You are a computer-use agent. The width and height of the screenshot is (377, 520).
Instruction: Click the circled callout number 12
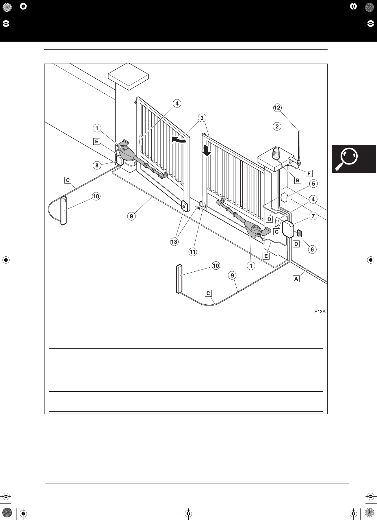point(277,108)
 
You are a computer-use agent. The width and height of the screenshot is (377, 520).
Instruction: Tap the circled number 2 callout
point(277,126)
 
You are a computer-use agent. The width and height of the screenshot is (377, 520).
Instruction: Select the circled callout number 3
point(202,118)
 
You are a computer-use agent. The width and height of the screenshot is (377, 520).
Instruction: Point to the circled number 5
point(313,183)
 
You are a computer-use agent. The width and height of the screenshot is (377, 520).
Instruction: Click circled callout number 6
point(312,249)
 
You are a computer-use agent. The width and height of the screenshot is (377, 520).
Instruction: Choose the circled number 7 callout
point(313,216)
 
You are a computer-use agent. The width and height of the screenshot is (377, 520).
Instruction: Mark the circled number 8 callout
point(97,165)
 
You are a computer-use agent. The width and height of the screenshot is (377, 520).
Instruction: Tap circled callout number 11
point(192,252)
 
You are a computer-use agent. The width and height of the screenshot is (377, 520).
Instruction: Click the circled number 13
point(174,242)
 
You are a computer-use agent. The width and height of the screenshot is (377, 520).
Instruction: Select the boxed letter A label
point(296,279)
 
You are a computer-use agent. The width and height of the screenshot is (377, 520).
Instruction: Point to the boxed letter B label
point(297,180)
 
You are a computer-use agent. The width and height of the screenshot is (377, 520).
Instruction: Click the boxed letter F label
point(309,173)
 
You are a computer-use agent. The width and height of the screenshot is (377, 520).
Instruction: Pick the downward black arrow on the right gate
point(207,150)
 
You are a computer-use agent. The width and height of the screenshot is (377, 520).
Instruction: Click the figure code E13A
point(320,312)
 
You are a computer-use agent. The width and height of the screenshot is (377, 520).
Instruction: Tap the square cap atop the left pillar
point(128,76)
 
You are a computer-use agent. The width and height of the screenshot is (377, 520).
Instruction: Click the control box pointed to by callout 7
point(288,229)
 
